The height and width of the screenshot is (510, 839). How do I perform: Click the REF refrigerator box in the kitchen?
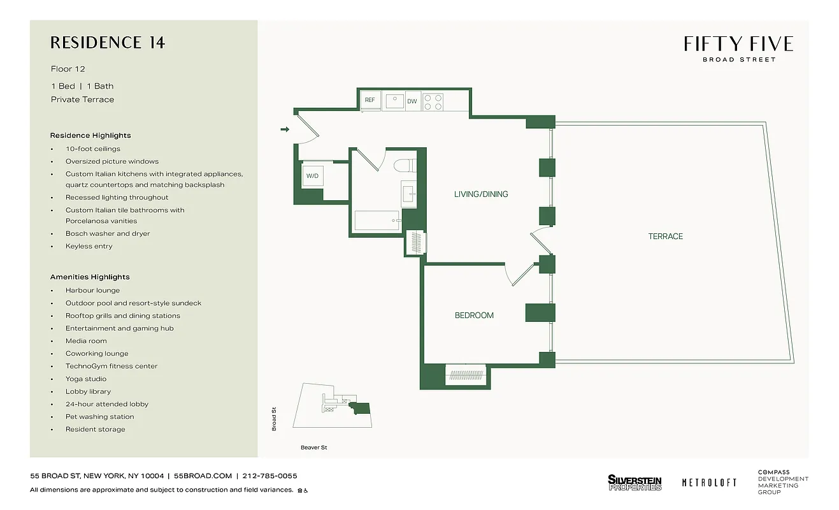[369, 101]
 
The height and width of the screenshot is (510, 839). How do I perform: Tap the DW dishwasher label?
[412, 101]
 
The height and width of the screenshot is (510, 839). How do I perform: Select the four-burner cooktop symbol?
[433, 102]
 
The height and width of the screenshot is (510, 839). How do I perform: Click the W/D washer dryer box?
[312, 176]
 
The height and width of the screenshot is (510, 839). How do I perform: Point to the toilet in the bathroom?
[403, 166]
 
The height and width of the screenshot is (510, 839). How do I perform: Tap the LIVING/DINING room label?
[481, 194]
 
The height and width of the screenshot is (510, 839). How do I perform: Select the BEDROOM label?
[474, 316]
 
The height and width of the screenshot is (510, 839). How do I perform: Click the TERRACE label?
[665, 237]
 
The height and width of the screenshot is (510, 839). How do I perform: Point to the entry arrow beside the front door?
[285, 129]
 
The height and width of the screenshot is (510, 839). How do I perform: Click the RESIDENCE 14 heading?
[108, 43]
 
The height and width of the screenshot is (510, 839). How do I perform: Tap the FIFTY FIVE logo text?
[738, 44]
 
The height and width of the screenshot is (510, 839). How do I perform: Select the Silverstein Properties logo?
[635, 483]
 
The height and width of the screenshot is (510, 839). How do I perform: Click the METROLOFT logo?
[709, 483]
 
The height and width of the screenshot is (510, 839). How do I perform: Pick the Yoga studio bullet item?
[86, 379]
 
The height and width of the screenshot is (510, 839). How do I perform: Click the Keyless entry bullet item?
[89, 246]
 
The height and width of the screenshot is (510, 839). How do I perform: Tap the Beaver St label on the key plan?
[313, 448]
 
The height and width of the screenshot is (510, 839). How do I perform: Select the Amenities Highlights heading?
[90, 277]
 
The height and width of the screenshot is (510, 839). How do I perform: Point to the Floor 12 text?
[68, 69]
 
